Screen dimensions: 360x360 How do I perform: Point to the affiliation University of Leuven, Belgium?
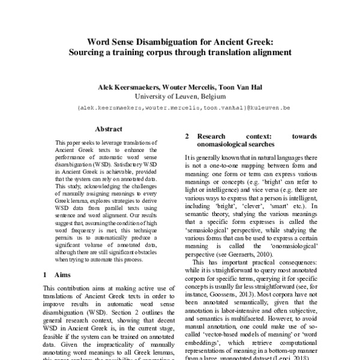[180, 95]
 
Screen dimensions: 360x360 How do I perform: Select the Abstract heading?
[109, 128]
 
